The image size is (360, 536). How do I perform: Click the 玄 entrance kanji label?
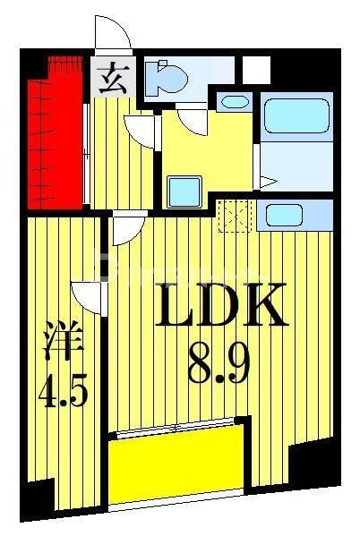coord(114,75)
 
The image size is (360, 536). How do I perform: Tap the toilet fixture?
coord(167,78)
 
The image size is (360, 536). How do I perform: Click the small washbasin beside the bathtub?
coord(236,101)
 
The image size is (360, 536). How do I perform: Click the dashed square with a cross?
coord(236,216)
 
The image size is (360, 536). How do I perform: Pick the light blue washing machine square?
coord(184,191)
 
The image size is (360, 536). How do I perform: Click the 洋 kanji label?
coord(64,344)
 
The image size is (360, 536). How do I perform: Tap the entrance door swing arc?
coord(114,36)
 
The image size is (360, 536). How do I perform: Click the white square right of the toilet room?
coord(257,69)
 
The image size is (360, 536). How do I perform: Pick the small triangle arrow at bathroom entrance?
coord(267,183)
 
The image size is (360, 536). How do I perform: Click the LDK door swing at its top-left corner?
coord(129,229)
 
